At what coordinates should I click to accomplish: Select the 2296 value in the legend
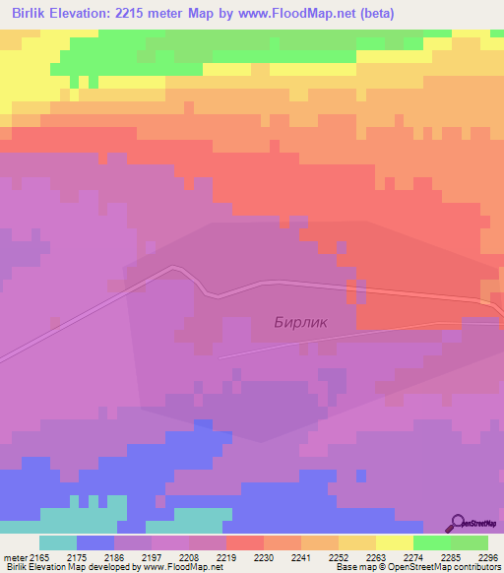(488, 556)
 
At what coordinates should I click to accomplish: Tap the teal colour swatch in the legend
(58, 542)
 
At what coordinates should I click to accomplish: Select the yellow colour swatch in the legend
(395, 542)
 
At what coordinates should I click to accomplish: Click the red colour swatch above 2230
(245, 542)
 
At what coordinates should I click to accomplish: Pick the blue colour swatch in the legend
(95, 542)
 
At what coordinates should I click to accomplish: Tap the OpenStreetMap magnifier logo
(458, 523)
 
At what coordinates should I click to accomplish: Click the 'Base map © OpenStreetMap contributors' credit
(416, 567)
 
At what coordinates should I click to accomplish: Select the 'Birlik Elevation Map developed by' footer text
(70, 567)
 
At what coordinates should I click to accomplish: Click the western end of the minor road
(219, 356)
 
